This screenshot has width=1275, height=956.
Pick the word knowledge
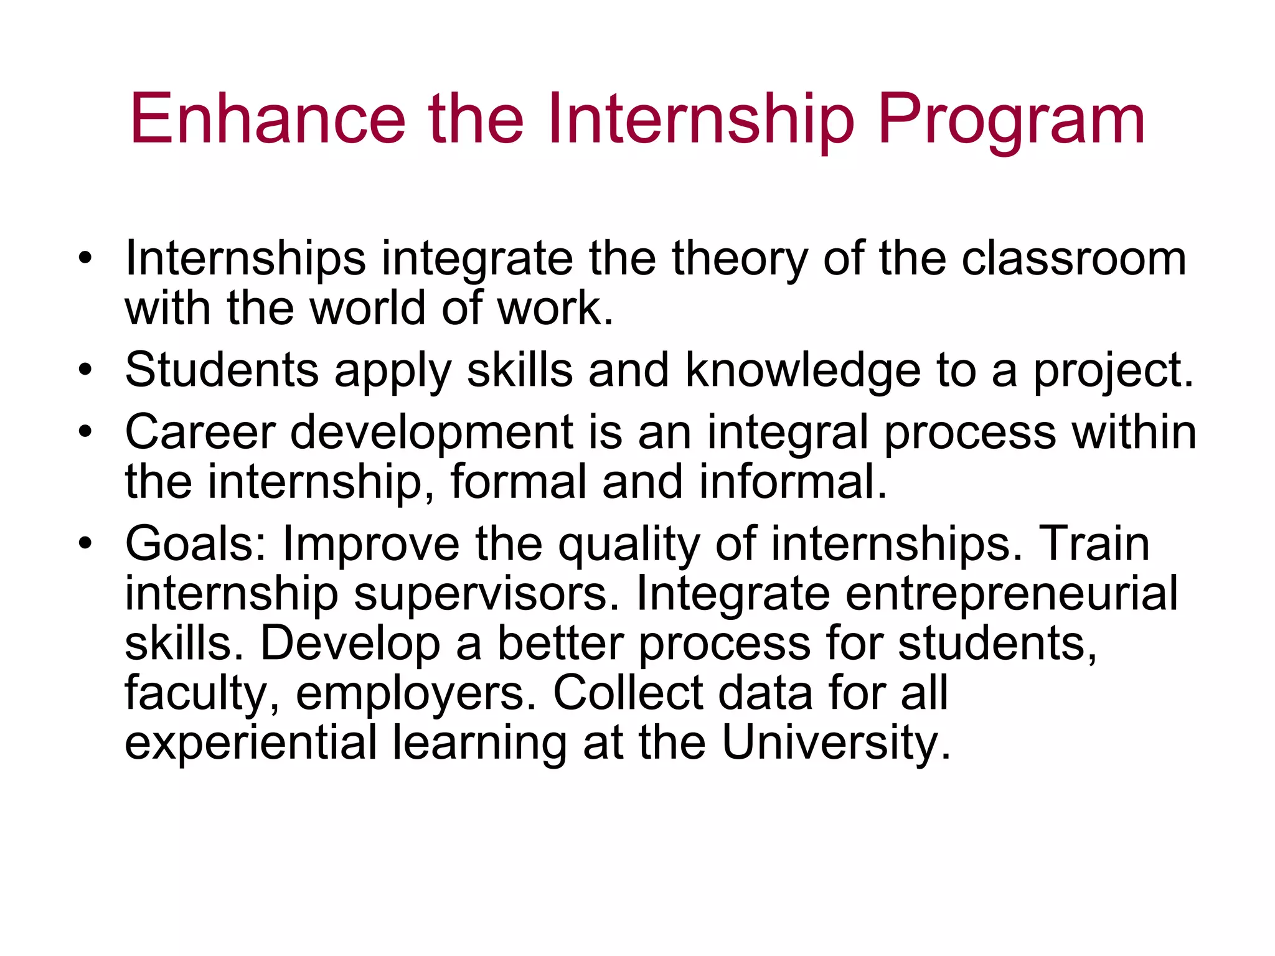tap(803, 371)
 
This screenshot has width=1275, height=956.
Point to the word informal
tap(793, 482)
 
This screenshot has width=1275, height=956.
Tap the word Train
tap(1094, 543)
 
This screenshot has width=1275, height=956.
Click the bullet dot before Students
tap(85, 371)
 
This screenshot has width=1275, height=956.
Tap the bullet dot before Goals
tap(85, 543)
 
